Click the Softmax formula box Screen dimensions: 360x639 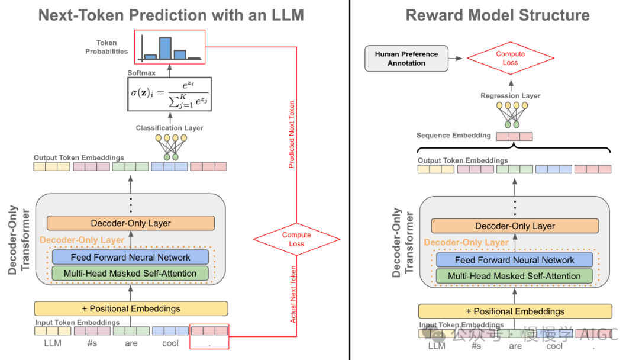pyautogui.click(x=169, y=94)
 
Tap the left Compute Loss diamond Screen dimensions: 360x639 pyautogui.click(x=296, y=239)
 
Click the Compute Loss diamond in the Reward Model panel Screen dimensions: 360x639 pyautogui.click(x=510, y=58)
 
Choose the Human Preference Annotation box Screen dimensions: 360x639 pyautogui.click(x=406, y=59)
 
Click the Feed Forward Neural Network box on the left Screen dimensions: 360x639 pyautogui.click(x=131, y=257)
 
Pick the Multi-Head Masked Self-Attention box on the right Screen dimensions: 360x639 pyautogui.click(x=514, y=276)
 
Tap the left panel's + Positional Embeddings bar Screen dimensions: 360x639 pyautogui.click(x=131, y=308)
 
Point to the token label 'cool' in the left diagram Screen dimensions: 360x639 pyautogui.click(x=170, y=343)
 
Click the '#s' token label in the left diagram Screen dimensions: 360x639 pyautogui.click(x=91, y=343)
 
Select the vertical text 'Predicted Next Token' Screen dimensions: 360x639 pyautogui.click(x=292, y=134)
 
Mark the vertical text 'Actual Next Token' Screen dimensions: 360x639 pyautogui.click(x=293, y=294)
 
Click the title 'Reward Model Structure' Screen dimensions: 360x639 pyautogui.click(x=497, y=15)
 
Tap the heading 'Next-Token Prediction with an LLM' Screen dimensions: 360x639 pyautogui.click(x=171, y=15)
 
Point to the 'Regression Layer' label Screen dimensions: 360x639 pyautogui.click(x=510, y=96)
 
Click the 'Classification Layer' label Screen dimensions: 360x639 pyautogui.click(x=169, y=128)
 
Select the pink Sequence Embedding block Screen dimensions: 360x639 pyautogui.click(x=514, y=137)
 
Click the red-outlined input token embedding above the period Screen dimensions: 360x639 pyautogui.click(x=209, y=331)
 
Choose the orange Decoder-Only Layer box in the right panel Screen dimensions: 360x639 pyautogui.click(x=515, y=226)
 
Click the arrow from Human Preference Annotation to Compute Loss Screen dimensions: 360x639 pyautogui.click(x=456, y=59)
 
